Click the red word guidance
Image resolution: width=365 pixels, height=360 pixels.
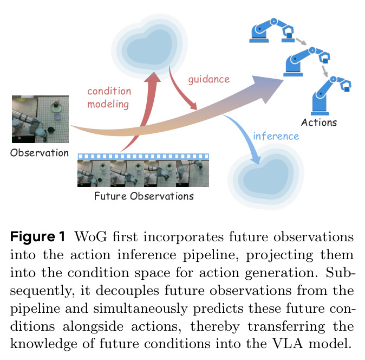click(x=209, y=80)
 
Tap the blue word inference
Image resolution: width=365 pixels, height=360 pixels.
click(x=276, y=136)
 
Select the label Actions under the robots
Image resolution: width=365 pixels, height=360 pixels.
click(x=319, y=123)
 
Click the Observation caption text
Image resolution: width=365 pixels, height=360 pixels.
click(x=40, y=153)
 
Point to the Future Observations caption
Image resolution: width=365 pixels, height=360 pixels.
click(x=144, y=196)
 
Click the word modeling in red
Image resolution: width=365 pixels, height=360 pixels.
click(x=108, y=104)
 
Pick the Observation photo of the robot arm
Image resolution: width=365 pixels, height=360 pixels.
click(x=40, y=119)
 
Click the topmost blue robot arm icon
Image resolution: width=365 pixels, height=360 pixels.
click(x=271, y=30)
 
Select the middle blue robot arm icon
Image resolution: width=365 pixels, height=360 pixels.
click(x=307, y=61)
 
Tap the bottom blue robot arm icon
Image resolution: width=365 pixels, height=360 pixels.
click(x=330, y=95)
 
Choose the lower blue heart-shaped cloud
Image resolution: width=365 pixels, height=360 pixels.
click(x=266, y=176)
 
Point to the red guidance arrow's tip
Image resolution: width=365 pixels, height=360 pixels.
click(x=196, y=109)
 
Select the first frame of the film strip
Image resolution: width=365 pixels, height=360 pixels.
click(x=94, y=173)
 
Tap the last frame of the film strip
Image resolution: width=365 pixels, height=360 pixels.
click(x=192, y=173)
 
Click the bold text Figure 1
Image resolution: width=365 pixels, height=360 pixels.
click(x=37, y=237)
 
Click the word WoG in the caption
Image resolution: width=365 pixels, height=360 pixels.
click(x=90, y=237)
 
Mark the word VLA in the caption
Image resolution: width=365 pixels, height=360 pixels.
click(x=288, y=343)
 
